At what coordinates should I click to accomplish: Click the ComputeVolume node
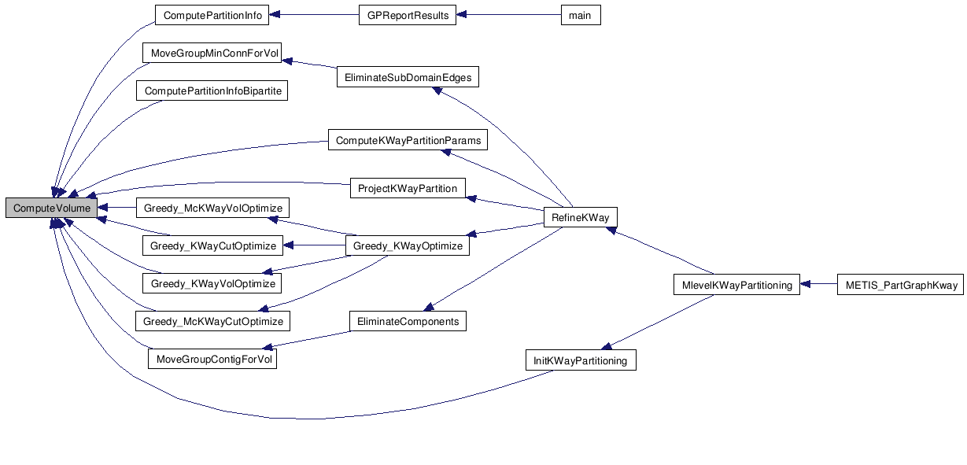[52, 209]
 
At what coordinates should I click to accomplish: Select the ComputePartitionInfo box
[212, 15]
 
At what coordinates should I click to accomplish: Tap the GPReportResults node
[407, 15]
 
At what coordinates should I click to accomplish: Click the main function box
[581, 15]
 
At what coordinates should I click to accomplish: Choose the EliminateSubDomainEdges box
[408, 77]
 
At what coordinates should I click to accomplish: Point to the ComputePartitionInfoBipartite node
[212, 91]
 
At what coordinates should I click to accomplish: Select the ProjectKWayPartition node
[407, 189]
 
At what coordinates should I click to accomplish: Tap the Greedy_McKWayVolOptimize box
[212, 209]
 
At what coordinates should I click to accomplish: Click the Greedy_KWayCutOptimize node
[213, 246]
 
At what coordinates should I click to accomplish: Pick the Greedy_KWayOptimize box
[408, 246]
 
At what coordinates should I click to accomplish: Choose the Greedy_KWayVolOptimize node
[212, 283]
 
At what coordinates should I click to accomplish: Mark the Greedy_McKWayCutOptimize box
[212, 322]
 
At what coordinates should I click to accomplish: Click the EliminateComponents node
[408, 322]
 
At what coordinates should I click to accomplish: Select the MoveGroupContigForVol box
[213, 360]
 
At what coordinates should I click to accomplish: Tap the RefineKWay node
[581, 218]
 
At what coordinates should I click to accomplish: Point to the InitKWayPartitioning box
[581, 361]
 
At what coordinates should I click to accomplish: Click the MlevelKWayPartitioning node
[736, 286]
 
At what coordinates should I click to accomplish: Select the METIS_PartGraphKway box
[900, 286]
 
